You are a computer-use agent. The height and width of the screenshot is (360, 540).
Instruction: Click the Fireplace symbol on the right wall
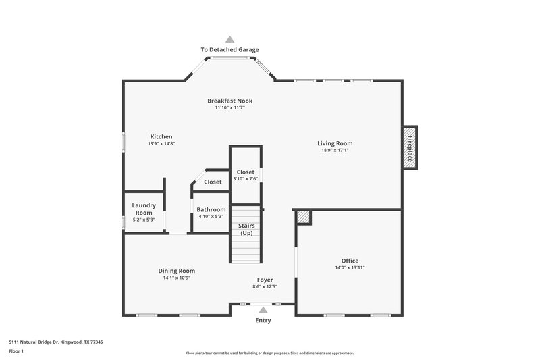[409, 147]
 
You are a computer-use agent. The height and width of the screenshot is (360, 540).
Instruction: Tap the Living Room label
[335, 143]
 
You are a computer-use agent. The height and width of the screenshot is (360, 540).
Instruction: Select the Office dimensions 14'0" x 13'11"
[350, 268]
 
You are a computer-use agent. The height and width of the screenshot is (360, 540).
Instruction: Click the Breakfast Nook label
[230, 101]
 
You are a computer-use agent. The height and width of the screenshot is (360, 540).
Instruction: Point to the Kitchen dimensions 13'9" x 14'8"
[161, 144]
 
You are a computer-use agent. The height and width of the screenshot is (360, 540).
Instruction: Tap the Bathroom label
[211, 209]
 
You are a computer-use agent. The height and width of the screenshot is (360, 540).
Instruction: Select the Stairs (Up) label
[246, 229]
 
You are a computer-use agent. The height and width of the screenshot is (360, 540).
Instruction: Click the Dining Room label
[177, 271]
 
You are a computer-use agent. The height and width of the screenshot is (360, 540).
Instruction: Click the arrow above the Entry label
[263, 309]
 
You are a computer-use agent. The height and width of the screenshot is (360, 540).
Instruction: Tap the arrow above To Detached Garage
[230, 39]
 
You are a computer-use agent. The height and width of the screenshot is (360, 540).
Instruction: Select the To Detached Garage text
[230, 49]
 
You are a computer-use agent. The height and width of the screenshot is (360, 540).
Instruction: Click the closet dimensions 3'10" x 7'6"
[245, 179]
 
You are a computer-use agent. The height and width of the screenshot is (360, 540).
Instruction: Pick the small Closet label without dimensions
[213, 182]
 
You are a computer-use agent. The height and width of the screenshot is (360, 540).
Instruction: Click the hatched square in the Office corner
[304, 217]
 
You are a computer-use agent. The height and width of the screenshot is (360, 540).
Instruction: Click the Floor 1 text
[16, 351]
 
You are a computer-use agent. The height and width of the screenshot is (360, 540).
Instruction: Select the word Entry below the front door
[263, 320]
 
